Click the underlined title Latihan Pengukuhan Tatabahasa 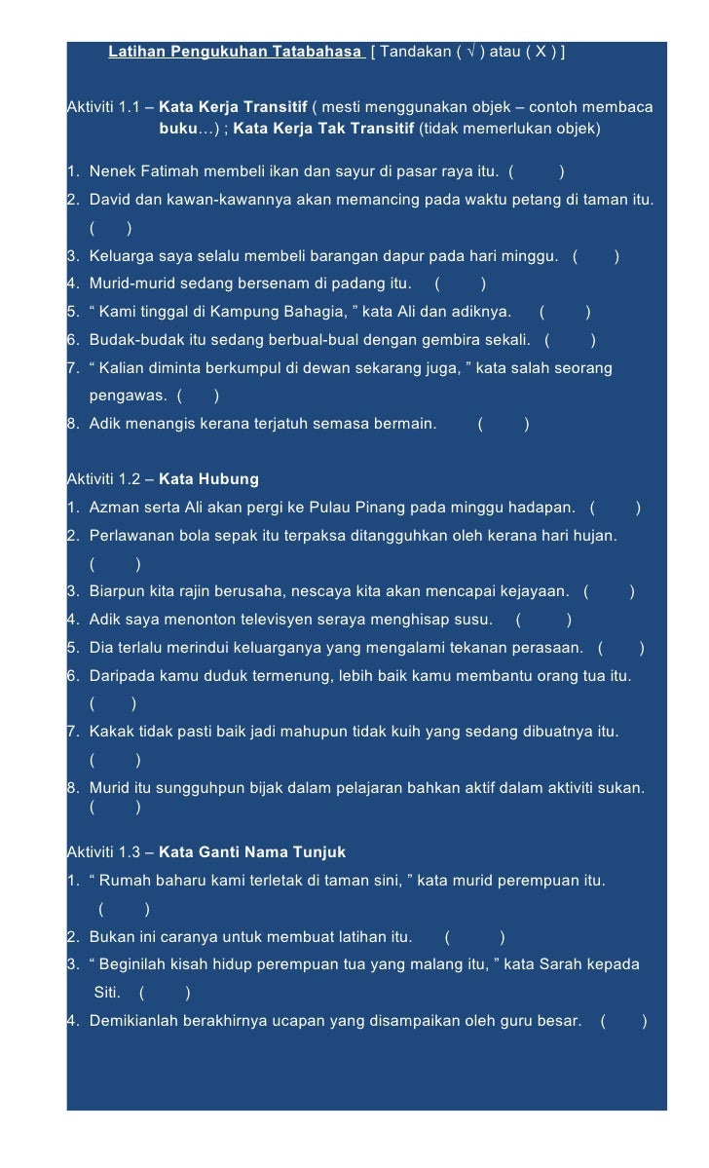(235, 51)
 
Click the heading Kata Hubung (208, 479)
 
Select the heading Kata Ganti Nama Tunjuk (252, 853)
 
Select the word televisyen (277, 620)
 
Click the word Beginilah (135, 964)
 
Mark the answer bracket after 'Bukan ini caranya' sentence (474, 937)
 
